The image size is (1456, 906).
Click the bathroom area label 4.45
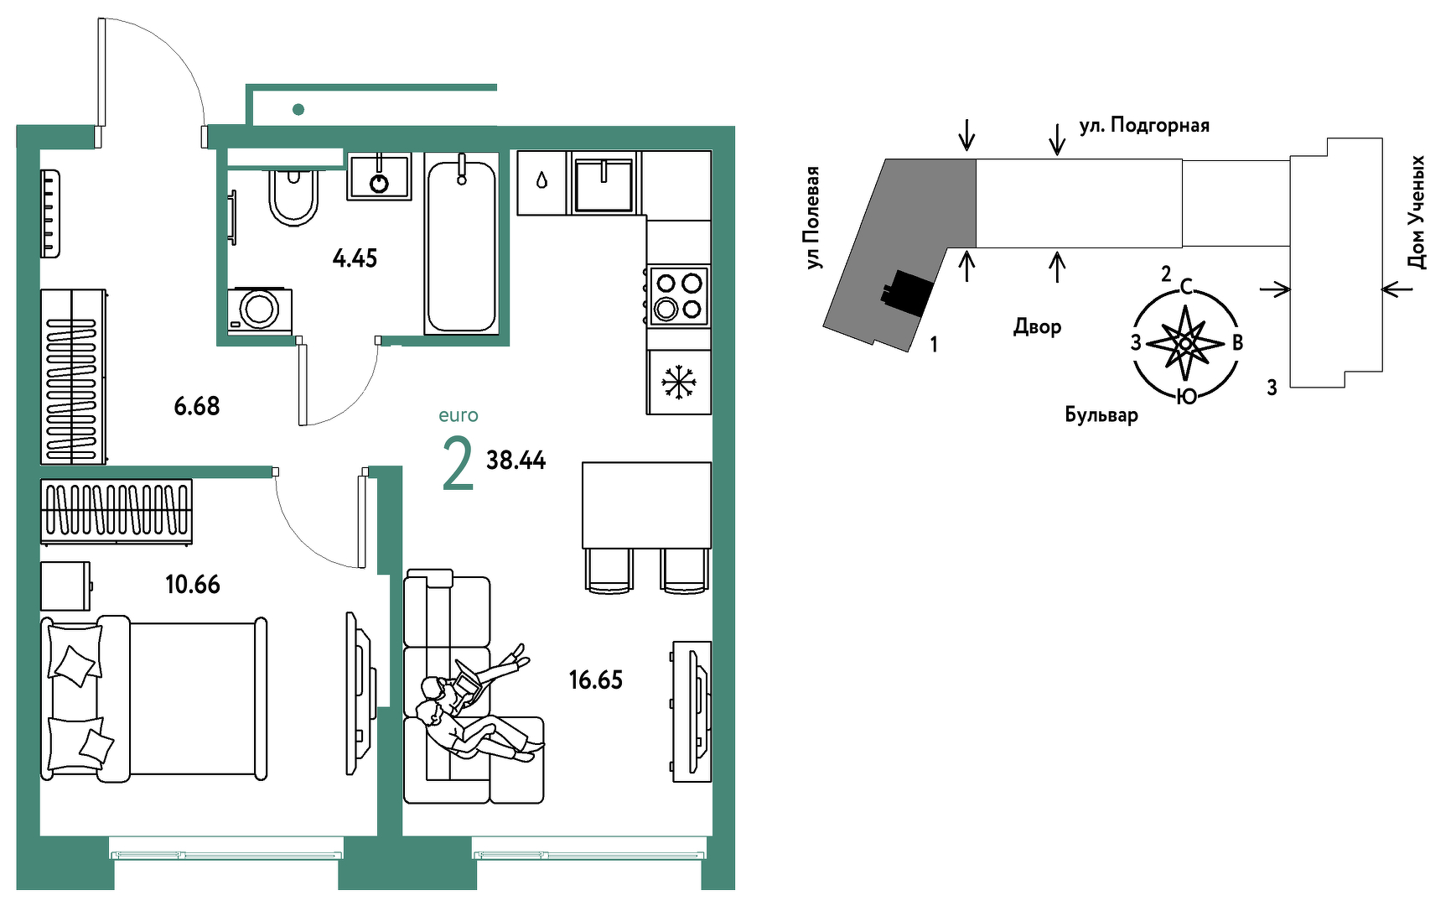pyautogui.click(x=355, y=258)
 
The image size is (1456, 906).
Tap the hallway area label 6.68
pyautogui.click(x=197, y=406)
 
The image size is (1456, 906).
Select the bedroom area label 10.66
pyautogui.click(x=193, y=584)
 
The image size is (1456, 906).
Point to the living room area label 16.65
pyautogui.click(x=596, y=679)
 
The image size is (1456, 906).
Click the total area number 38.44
pyautogui.click(x=516, y=460)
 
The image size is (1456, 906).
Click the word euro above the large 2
pyautogui.click(x=459, y=415)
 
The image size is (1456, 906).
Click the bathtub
pyautogui.click(x=461, y=244)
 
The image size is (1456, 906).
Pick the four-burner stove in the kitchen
pyautogui.click(x=679, y=296)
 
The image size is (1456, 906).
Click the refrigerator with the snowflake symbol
pyautogui.click(x=679, y=383)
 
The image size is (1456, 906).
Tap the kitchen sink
pyautogui.click(x=604, y=184)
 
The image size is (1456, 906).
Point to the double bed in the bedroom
pyautogui.click(x=154, y=698)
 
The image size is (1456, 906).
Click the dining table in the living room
pyautogui.click(x=646, y=504)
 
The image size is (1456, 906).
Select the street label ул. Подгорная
pyautogui.click(x=1144, y=126)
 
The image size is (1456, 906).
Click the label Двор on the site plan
pyautogui.click(x=1038, y=326)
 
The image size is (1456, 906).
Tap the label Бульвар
pyautogui.click(x=1101, y=414)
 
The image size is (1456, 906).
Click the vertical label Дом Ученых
pyautogui.click(x=1416, y=212)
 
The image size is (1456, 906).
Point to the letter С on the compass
pyautogui.click(x=1186, y=288)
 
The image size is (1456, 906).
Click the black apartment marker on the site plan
pyautogui.click(x=907, y=293)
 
